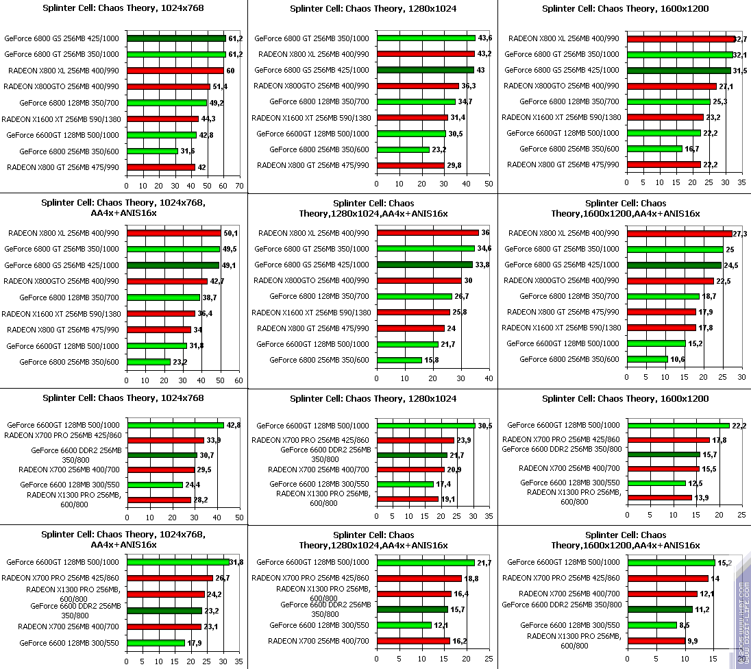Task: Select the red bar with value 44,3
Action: (x=162, y=119)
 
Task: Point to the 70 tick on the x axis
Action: (x=239, y=185)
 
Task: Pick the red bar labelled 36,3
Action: (x=417, y=86)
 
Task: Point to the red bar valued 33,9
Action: (x=165, y=440)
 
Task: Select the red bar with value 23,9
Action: (x=415, y=440)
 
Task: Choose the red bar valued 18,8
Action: (x=419, y=579)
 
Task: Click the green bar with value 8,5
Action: (x=652, y=624)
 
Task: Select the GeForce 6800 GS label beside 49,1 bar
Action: (x=62, y=265)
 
